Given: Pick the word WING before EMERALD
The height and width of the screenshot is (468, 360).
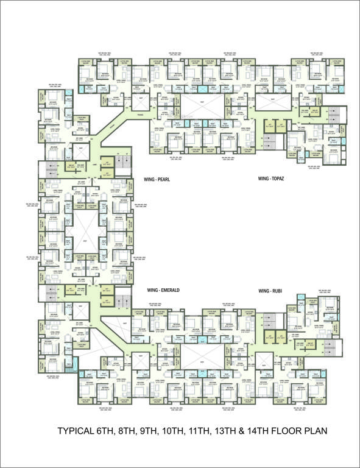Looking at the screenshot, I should (x=152, y=291).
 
